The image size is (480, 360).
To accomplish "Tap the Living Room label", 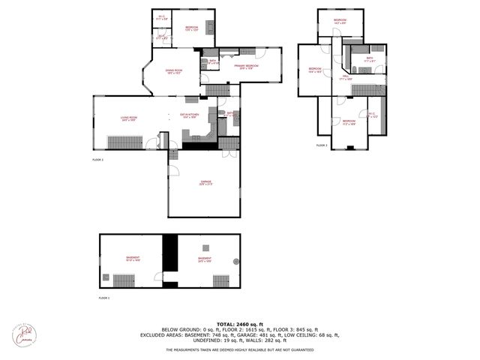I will click(x=128, y=118).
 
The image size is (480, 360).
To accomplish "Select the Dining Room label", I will click(x=175, y=72).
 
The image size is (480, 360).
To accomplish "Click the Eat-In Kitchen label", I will click(x=187, y=116).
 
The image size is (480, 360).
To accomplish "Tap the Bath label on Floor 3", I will click(x=369, y=59).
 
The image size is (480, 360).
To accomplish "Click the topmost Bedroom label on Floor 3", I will click(x=340, y=21).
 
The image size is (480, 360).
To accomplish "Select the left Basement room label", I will click(x=132, y=259).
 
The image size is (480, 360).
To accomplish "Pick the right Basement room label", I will click(x=204, y=259).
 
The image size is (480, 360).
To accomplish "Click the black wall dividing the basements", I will click(x=170, y=258).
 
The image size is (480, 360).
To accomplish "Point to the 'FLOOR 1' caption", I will click(x=104, y=298).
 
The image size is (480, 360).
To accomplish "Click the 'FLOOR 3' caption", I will click(x=321, y=145).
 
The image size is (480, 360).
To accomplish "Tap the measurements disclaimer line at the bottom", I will click(x=240, y=349).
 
